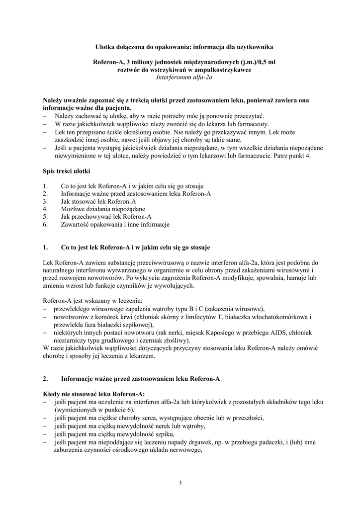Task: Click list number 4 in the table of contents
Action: [x=45, y=209]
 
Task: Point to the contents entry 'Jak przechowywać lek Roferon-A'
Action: [x=106, y=217]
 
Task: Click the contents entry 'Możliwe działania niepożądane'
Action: [x=103, y=209]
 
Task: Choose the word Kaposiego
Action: [x=206, y=333]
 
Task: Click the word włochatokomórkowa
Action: [x=277, y=317]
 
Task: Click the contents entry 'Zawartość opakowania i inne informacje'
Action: [x=115, y=224]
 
